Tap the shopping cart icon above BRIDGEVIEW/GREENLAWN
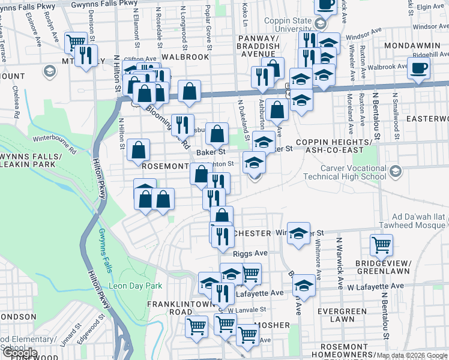(381, 245)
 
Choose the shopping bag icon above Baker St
(217, 133)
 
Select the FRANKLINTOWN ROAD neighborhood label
(179, 308)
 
